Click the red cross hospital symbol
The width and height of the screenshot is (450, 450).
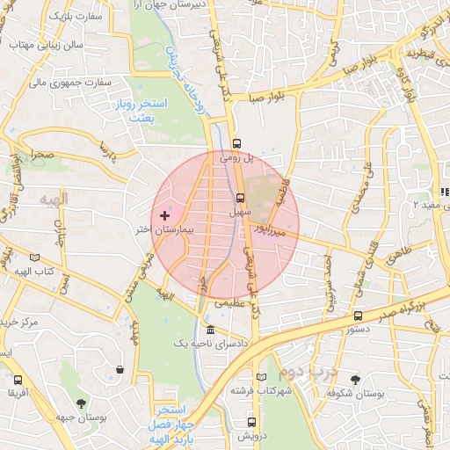164,215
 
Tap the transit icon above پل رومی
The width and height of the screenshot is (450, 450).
236,143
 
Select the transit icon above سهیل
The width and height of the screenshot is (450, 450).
240,198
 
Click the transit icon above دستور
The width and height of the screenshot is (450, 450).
358,316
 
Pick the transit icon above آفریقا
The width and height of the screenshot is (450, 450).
18,381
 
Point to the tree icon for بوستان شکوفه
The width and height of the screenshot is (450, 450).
355,380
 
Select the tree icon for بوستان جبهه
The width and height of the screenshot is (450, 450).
81,404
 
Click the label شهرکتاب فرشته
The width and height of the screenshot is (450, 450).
261,389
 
